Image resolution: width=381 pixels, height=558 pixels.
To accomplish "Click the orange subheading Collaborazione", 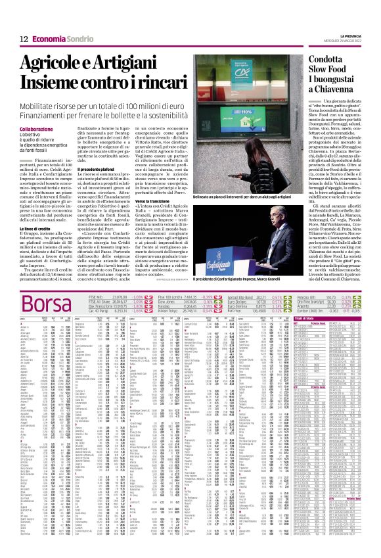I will tap(37, 130).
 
